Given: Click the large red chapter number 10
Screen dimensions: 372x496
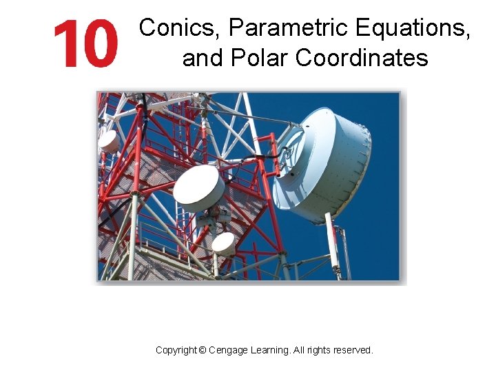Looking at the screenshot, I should point(86,43).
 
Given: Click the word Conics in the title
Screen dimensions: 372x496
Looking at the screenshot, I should point(180,28).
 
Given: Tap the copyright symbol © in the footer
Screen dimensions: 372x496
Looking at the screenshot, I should point(202,350).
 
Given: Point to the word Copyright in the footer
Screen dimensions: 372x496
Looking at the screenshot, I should point(176,350).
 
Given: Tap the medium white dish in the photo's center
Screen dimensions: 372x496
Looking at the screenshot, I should point(199,187).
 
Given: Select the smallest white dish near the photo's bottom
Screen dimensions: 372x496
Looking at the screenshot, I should point(223,243).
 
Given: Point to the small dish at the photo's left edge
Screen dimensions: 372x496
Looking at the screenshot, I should point(108,141).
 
